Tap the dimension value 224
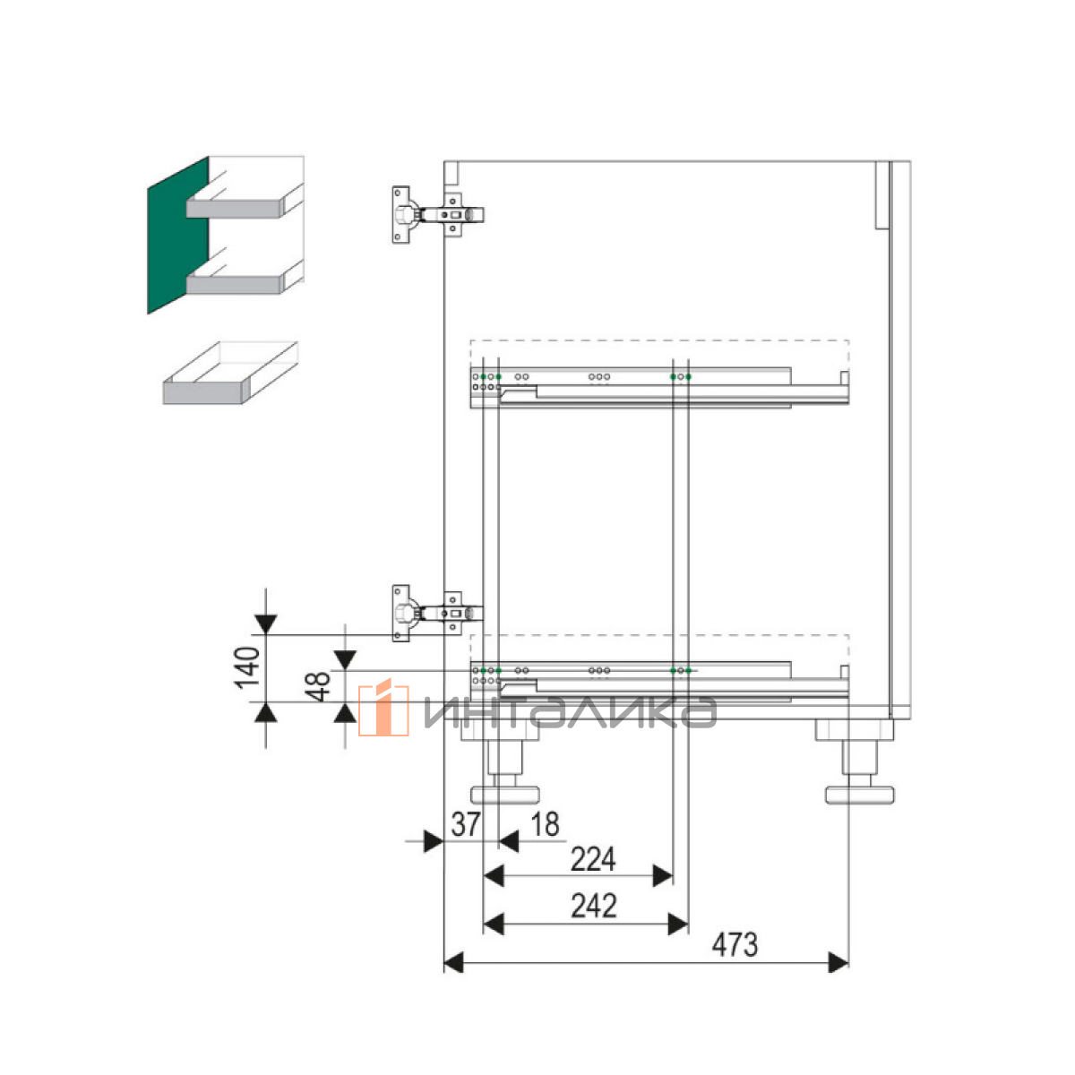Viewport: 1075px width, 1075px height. click(593, 859)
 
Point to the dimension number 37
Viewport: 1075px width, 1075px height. click(466, 824)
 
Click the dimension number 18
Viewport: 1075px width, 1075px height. click(545, 824)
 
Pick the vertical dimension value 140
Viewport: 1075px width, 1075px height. click(247, 667)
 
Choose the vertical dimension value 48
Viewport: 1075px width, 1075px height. click(318, 686)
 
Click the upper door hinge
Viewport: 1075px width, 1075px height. click(438, 215)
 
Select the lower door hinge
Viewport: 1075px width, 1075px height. click(438, 614)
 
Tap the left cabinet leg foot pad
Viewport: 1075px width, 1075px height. click(505, 795)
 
